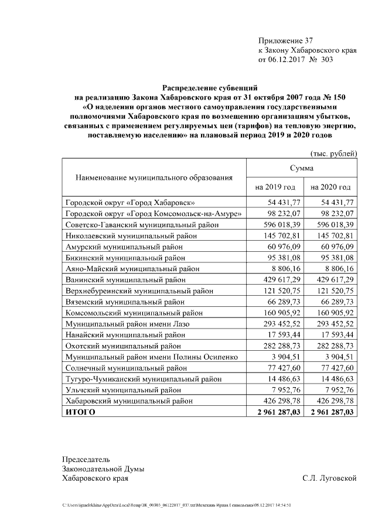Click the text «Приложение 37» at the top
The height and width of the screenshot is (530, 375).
(x=286, y=41)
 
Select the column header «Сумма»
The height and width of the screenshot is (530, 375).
(x=301, y=168)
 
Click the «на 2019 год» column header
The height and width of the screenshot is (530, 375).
(x=274, y=187)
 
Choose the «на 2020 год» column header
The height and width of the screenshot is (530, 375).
(x=330, y=187)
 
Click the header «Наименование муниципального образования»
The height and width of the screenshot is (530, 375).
(x=154, y=177)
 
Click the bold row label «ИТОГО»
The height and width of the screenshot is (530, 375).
(x=80, y=412)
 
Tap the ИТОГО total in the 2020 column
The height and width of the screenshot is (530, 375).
(x=332, y=412)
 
